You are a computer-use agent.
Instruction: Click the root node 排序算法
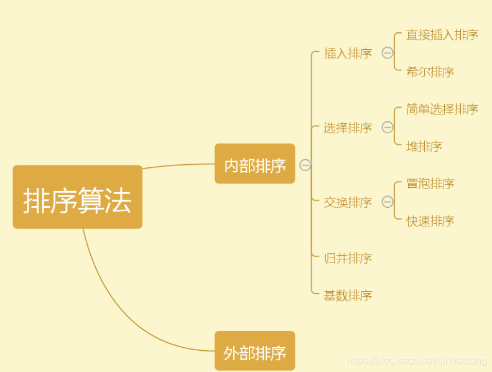77,197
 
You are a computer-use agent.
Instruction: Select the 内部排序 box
254,164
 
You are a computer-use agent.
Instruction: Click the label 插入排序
348,53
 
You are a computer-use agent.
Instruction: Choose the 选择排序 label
348,128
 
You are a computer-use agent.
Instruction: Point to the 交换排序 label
348,202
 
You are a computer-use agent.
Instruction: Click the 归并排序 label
348,258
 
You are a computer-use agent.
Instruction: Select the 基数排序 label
348,295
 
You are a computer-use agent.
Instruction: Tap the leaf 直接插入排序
442,35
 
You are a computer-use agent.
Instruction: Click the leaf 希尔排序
430,72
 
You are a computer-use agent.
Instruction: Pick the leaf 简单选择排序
442,109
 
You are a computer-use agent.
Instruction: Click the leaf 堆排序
424,147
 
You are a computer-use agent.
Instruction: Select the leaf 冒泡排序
430,184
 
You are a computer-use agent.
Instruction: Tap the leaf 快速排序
430,221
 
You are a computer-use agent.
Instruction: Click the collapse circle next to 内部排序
305,165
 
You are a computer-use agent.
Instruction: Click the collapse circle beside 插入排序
388,53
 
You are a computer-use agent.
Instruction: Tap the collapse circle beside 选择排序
388,128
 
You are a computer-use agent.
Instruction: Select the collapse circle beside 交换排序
388,202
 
